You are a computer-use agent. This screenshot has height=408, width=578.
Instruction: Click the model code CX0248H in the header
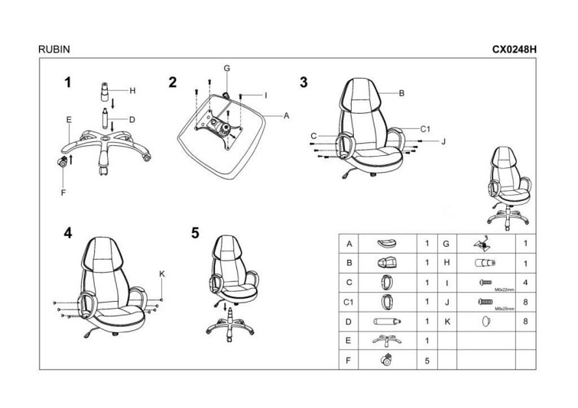[515, 48]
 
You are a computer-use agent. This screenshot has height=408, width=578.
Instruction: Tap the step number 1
[68, 83]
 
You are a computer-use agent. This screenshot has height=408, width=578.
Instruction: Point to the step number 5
[196, 232]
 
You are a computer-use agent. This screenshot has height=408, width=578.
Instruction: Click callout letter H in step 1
[132, 91]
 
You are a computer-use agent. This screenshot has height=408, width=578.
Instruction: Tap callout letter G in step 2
[227, 68]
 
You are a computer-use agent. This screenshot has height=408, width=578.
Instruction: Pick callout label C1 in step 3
[426, 129]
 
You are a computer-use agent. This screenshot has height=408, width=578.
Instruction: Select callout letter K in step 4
[161, 274]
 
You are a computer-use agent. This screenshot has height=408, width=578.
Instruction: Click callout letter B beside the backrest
[401, 93]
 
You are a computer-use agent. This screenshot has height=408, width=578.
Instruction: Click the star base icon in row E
[385, 341]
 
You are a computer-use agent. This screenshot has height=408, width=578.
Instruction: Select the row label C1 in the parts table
[349, 303]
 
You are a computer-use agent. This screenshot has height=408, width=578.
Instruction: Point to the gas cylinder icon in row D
[385, 322]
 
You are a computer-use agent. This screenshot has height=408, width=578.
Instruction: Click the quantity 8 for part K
[526, 322]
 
